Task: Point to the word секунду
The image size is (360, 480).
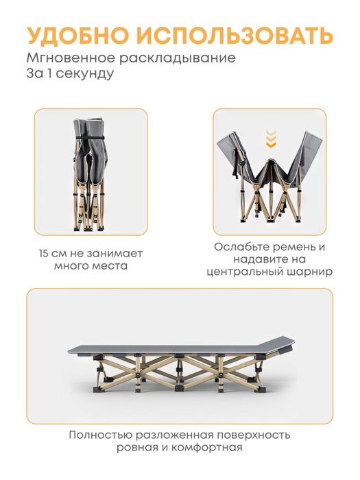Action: (86, 73)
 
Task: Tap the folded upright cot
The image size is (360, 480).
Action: (91, 171)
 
